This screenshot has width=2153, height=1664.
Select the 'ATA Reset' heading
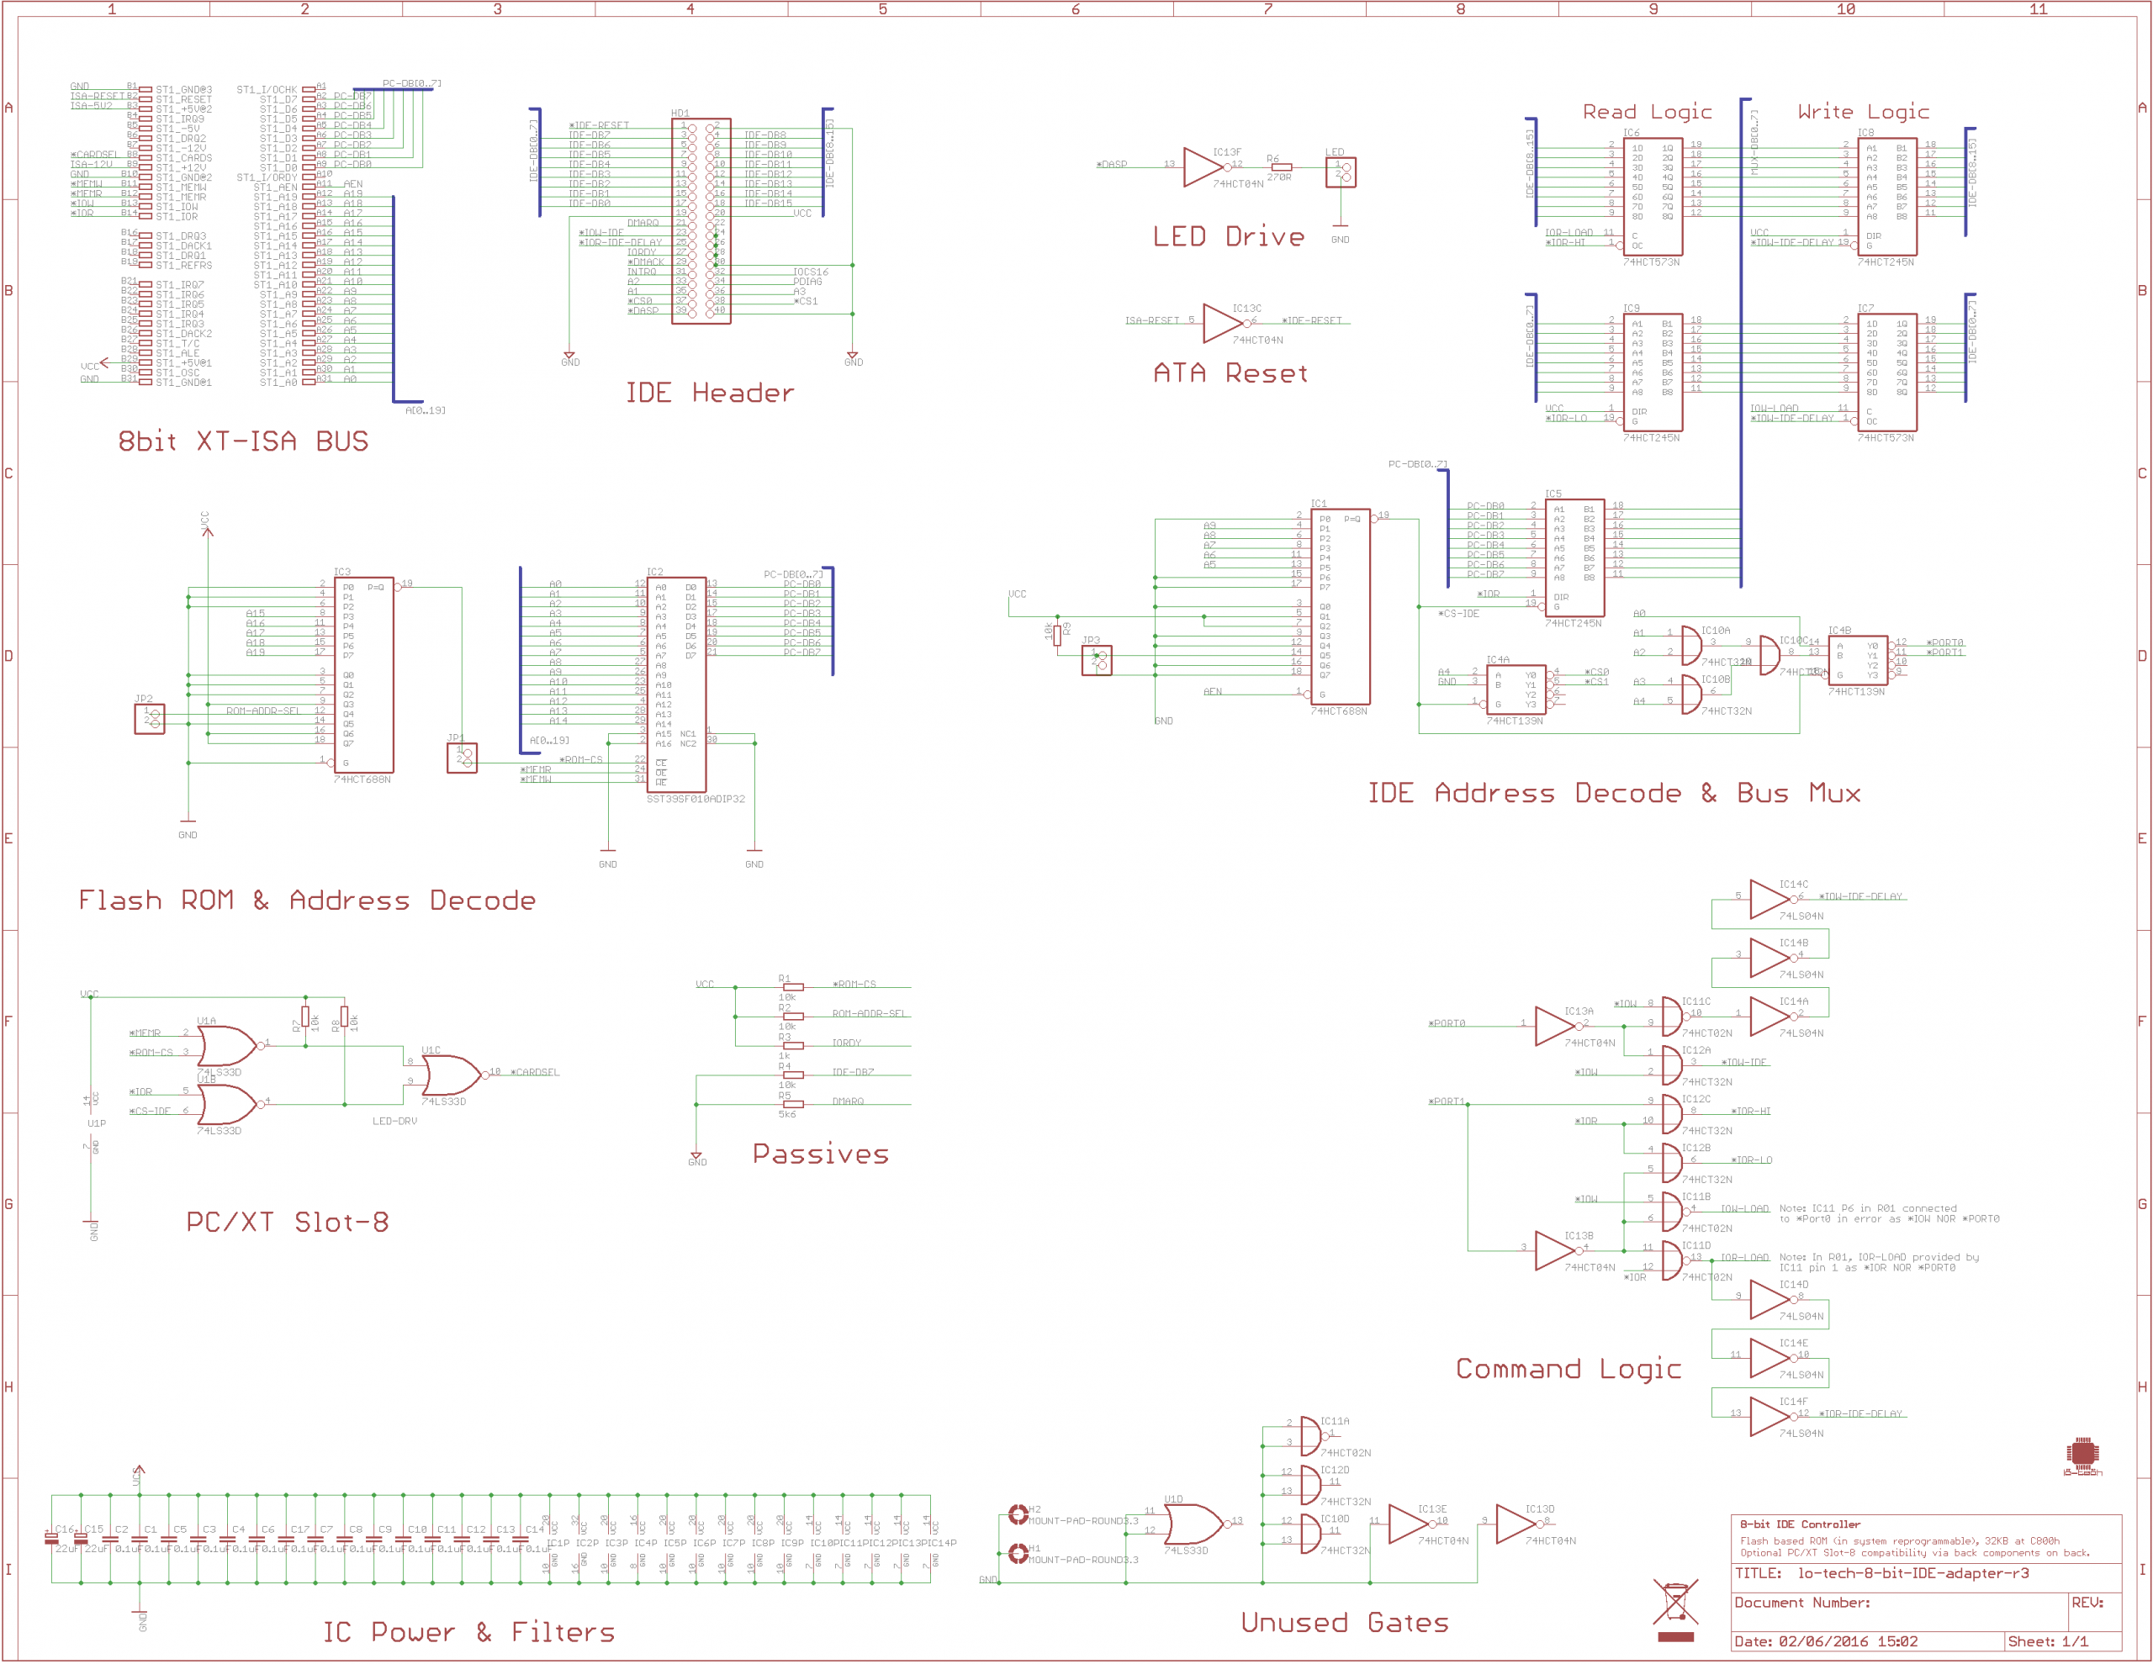click(x=1230, y=373)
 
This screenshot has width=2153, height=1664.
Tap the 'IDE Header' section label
click(x=709, y=394)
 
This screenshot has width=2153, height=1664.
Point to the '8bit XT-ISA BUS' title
click(x=242, y=441)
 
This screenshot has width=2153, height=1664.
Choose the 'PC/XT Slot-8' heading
click(x=287, y=1223)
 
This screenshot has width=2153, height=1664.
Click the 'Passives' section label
click(x=820, y=1154)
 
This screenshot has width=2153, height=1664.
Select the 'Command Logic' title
click(x=1568, y=1369)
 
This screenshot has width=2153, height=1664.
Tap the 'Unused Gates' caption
click(x=1344, y=1623)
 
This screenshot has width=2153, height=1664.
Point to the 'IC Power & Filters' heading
click(x=468, y=1632)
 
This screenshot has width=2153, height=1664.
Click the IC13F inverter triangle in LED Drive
click(x=1203, y=166)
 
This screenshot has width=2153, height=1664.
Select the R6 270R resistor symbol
click(x=1281, y=167)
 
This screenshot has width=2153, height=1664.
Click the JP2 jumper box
click(x=149, y=719)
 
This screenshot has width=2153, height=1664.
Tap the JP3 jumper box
click(x=1096, y=661)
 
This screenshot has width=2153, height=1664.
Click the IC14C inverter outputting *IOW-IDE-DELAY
click(x=1769, y=898)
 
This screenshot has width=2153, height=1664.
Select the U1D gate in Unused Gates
click(x=1192, y=1524)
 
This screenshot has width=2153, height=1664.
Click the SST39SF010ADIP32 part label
click(x=695, y=800)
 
